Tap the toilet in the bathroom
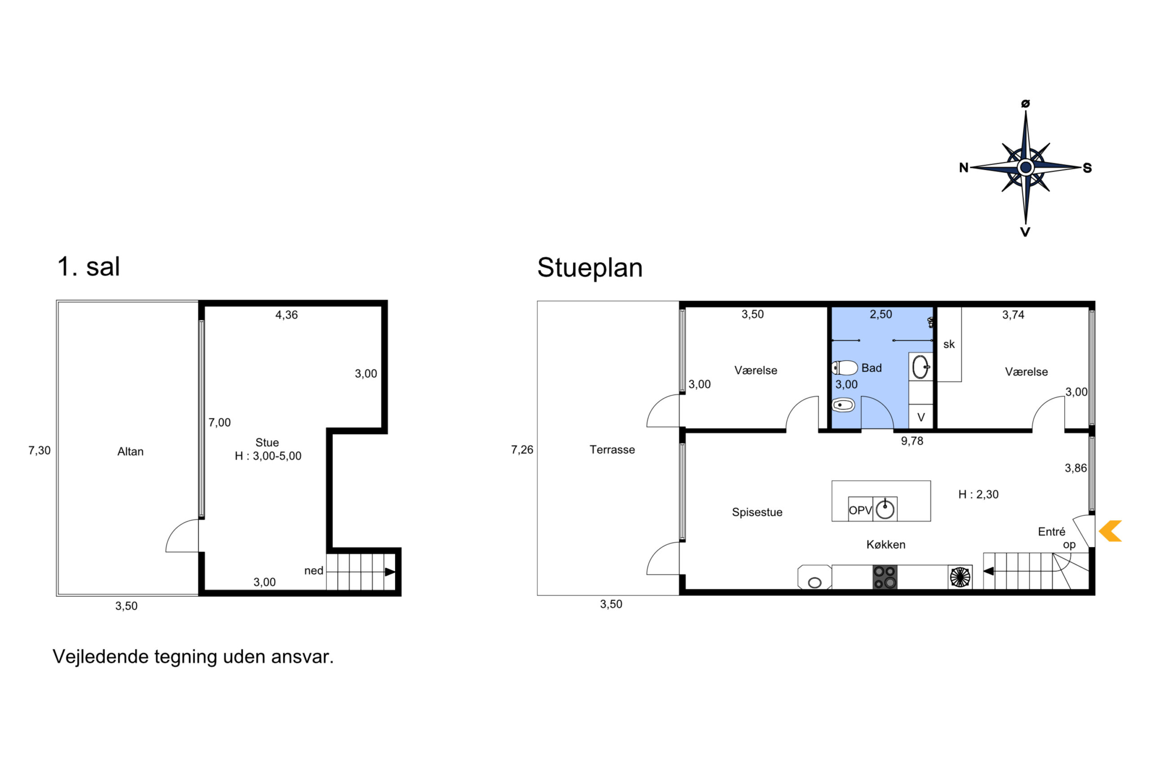coord(845,368)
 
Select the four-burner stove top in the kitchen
coord(885,577)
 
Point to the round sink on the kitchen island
coord(885,509)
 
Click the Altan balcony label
coord(130,452)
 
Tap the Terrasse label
coord(612,449)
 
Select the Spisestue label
coord(757,512)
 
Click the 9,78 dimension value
coord(912,441)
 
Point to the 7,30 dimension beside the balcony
coord(40,451)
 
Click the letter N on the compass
coord(964,168)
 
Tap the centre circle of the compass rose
coord(1026,167)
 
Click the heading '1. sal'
coord(89,266)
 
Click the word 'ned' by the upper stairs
coord(314,571)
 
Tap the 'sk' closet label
coord(949,344)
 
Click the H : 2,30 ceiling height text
coord(978,495)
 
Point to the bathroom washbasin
coord(920,366)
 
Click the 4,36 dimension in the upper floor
coord(286,315)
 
